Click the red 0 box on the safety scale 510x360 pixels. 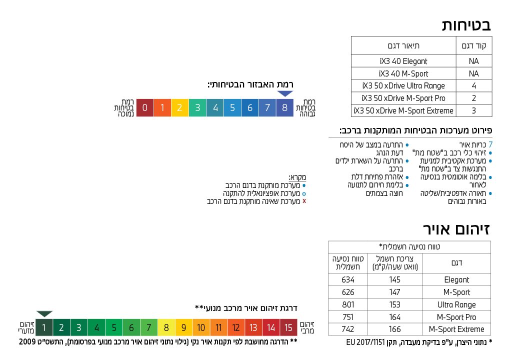click(x=144, y=107)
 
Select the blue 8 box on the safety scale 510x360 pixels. click(x=285, y=107)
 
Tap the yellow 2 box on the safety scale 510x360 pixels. click(x=180, y=107)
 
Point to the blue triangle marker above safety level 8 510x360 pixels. click(x=285, y=93)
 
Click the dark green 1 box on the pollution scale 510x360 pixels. click(x=44, y=327)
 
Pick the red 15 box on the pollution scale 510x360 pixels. click(x=288, y=327)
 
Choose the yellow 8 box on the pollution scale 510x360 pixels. click(x=166, y=327)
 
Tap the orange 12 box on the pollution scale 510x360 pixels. click(x=236, y=327)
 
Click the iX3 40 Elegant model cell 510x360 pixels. click(x=403, y=61)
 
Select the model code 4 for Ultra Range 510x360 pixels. click(x=474, y=85)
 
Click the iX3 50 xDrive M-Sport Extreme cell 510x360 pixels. click(x=403, y=110)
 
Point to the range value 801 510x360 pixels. click(x=348, y=304)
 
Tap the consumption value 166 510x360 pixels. click(x=395, y=329)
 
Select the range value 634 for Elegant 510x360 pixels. click(x=348, y=279)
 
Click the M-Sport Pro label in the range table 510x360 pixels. click(x=456, y=317)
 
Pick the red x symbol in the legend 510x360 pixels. click(x=304, y=201)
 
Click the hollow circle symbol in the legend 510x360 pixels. click(x=304, y=193)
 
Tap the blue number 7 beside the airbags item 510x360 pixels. click(x=490, y=144)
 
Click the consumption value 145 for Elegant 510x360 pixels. click(x=395, y=279)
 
